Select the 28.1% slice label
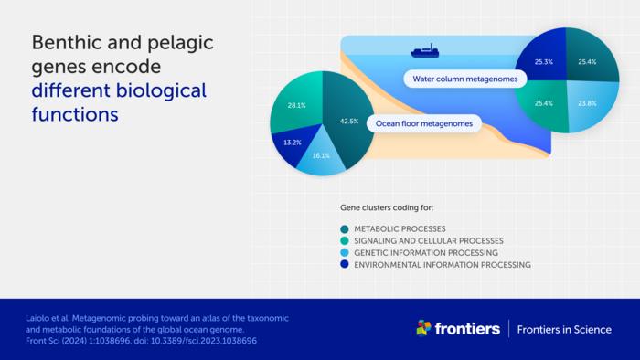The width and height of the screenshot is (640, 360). click(x=297, y=105)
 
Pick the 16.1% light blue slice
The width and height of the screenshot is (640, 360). click(x=321, y=157)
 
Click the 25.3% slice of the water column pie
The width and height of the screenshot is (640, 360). click(x=544, y=60)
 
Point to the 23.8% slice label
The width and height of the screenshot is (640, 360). click(x=587, y=103)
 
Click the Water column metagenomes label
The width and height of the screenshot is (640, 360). click(x=464, y=79)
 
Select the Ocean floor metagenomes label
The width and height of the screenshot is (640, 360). click(x=424, y=123)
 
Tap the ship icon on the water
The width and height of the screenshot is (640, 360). click(x=425, y=51)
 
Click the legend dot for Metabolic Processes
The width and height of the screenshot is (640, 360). click(x=345, y=229)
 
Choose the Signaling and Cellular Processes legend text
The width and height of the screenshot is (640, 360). click(x=429, y=241)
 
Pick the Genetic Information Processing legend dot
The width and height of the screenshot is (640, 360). click(x=345, y=253)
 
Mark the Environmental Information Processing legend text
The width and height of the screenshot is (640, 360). click(x=443, y=265)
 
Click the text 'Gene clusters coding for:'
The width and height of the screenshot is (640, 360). click(x=387, y=208)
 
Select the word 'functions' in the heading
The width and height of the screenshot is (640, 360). click(x=75, y=114)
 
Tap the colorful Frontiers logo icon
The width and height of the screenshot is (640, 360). click(x=423, y=328)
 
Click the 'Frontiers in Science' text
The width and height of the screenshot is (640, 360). click(x=564, y=330)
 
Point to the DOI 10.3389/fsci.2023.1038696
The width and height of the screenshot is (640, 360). click(x=204, y=341)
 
